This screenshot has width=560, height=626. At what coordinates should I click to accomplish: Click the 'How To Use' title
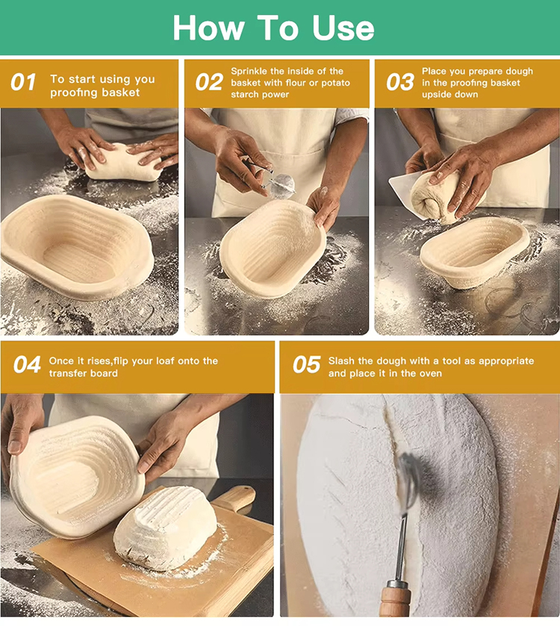coord(273,28)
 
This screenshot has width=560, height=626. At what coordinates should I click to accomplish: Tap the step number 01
coord(23,83)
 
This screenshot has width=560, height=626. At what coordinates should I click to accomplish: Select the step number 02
coord(209,83)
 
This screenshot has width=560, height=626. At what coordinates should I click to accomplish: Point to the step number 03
coord(400,83)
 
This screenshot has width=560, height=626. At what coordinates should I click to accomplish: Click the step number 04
coord(27,366)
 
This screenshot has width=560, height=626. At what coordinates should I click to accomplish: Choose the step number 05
coord(306,366)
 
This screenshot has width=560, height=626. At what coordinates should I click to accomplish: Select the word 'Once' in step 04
coord(62,361)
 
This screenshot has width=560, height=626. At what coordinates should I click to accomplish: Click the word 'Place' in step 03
coord(435,72)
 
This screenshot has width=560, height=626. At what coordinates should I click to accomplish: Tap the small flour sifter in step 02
coord(281,185)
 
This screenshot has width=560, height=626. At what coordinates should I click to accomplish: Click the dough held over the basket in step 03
coord(441,195)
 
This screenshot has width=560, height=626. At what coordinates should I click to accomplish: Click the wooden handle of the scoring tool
coord(396,601)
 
